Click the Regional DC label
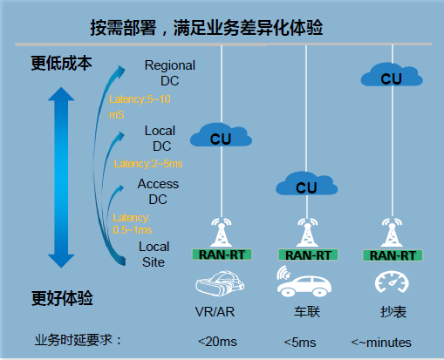click(170, 72)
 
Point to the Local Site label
click(154, 254)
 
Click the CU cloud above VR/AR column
click(220, 135)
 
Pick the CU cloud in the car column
click(306, 185)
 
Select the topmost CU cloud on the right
click(391, 77)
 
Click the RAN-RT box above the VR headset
click(222, 255)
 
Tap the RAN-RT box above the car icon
click(306, 255)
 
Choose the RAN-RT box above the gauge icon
click(391, 255)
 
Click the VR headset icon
click(220, 284)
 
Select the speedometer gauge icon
click(389, 284)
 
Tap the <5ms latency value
click(300, 341)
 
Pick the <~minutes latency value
click(380, 342)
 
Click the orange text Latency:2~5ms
click(148, 163)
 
